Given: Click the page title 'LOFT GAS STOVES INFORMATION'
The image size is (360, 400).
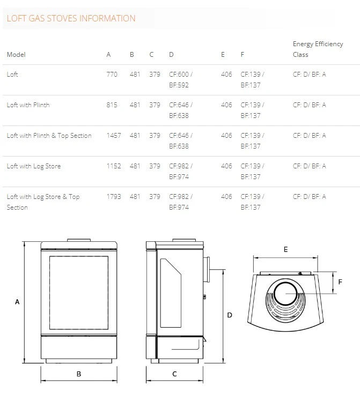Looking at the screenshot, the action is [x=71, y=18].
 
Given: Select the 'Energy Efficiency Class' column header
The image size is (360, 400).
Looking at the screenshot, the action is [x=318, y=49].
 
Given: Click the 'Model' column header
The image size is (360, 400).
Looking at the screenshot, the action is [x=16, y=54].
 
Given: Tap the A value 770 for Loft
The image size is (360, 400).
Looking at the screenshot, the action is [x=112, y=74].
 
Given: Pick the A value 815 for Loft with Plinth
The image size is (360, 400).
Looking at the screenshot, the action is [x=112, y=105].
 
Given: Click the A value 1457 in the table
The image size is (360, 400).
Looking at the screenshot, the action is [x=114, y=136].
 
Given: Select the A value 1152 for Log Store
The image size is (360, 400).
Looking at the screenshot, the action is [x=114, y=166].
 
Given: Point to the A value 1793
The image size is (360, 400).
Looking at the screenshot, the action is [x=114, y=197].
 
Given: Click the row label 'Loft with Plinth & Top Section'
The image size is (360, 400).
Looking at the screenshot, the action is [x=49, y=136].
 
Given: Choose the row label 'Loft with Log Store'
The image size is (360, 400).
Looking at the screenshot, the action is [x=34, y=166].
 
